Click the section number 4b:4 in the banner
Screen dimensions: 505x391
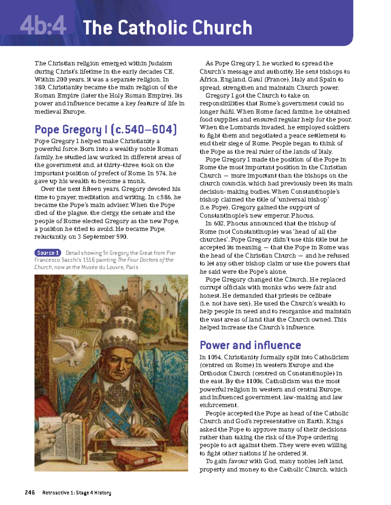(43, 27)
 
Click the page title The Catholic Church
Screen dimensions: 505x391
(167, 28)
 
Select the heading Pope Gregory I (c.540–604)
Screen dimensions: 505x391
(106, 130)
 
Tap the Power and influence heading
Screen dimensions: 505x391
(250, 345)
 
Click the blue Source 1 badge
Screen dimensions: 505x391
(48, 253)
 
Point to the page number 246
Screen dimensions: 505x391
(30, 493)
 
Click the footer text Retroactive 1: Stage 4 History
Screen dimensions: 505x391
(77, 493)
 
